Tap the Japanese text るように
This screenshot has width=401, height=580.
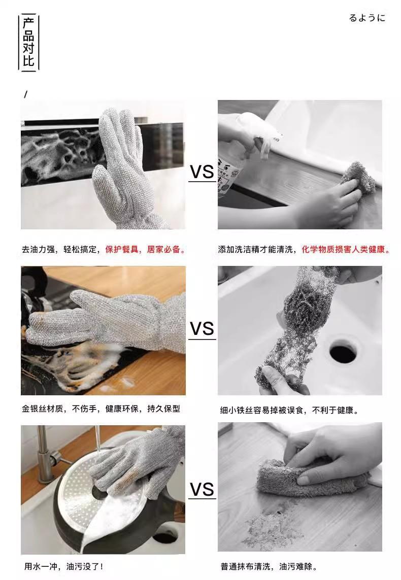[x=367, y=18]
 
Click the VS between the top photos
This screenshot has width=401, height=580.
[x=202, y=172]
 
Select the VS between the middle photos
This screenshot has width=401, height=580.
[x=202, y=329]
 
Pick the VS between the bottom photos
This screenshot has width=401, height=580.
[x=202, y=489]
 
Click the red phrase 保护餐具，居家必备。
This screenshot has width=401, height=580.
[x=145, y=249]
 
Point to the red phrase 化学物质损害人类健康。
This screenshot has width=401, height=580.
[x=346, y=249]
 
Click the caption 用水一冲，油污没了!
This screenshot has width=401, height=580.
[x=63, y=566]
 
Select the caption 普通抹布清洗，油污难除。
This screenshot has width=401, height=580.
[x=269, y=566]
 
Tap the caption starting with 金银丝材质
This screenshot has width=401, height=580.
[x=101, y=408]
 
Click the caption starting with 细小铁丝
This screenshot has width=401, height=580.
[x=289, y=410]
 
